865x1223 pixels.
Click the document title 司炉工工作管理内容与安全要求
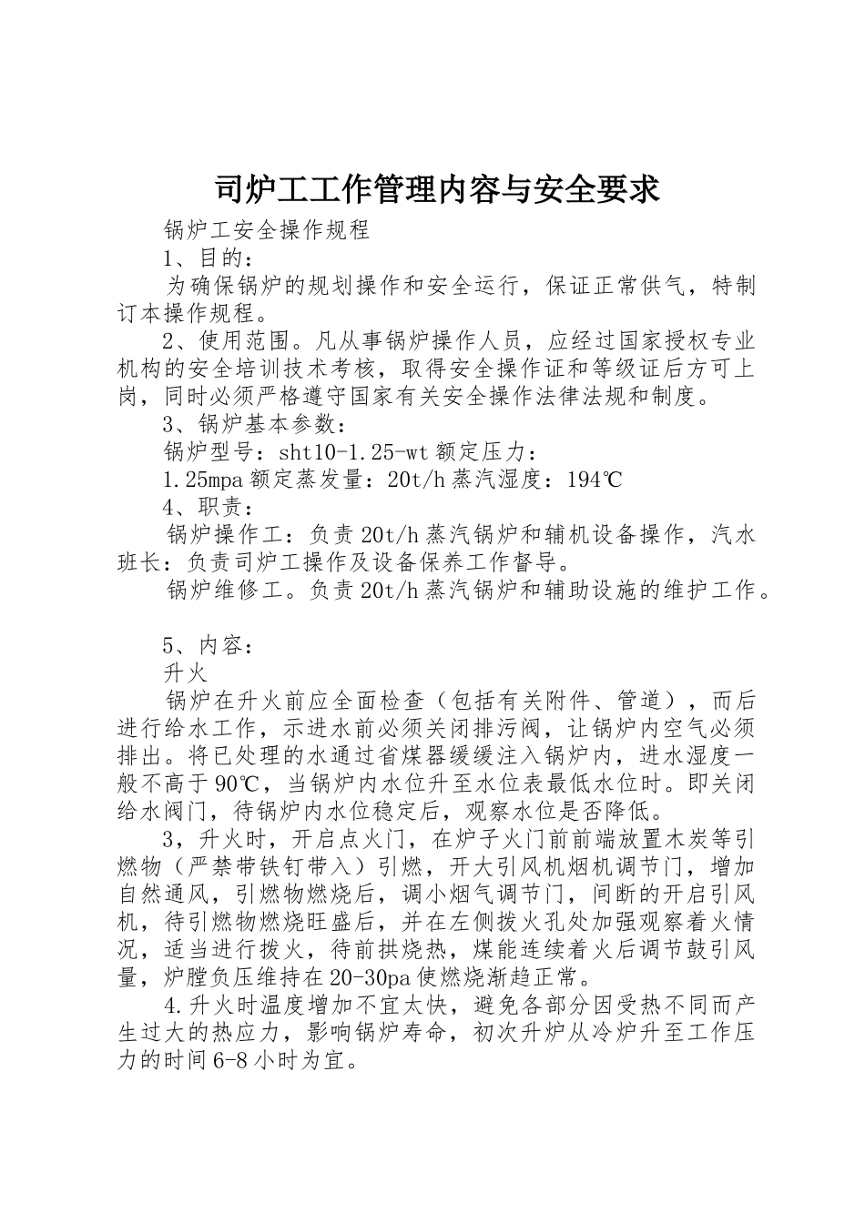[x=436, y=189]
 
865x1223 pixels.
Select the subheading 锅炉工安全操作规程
[x=266, y=229]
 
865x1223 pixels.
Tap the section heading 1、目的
[x=202, y=258]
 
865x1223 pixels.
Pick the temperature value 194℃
[x=594, y=479]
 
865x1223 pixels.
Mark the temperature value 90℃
[x=239, y=783]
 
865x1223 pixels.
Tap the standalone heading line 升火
[x=186, y=673]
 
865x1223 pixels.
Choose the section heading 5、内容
[x=202, y=645]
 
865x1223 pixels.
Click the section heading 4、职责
[x=202, y=507]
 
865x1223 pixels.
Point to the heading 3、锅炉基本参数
[x=253, y=423]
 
